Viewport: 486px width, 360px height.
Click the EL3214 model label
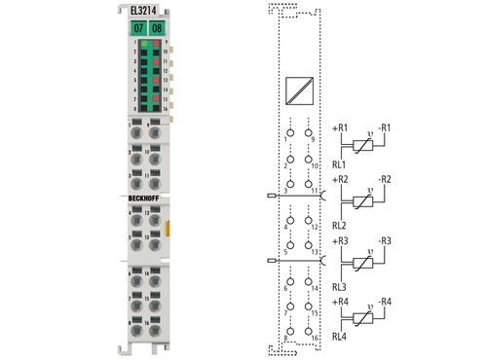coord(144,12)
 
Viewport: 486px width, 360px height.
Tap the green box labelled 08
coord(158,29)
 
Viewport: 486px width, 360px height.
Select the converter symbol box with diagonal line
coord(298,90)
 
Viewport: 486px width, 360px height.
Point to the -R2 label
coord(384,181)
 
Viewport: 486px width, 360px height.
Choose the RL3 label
coord(340,286)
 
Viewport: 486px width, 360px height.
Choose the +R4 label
coord(341,302)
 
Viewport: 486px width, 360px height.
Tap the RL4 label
coord(340,338)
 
